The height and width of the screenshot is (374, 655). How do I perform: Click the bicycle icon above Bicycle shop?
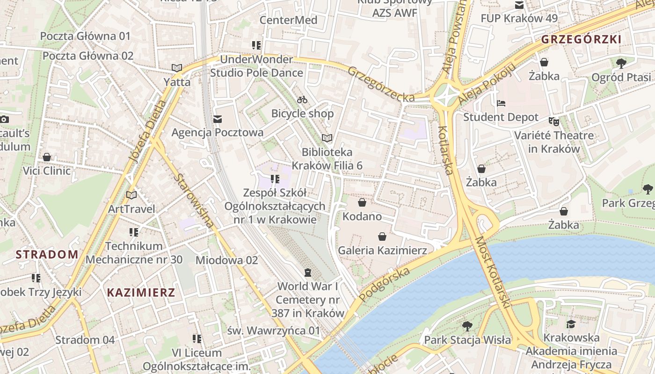[302, 100]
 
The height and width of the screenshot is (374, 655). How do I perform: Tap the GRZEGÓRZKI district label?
[582, 40]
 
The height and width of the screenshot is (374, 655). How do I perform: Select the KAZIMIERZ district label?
[141, 293]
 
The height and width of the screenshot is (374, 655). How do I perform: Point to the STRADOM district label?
[47, 255]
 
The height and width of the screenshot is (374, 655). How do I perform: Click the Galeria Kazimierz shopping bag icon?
[382, 237]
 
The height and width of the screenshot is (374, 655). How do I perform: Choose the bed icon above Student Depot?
[501, 103]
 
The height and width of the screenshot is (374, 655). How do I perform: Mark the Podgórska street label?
[385, 285]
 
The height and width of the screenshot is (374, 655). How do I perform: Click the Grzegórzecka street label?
[381, 84]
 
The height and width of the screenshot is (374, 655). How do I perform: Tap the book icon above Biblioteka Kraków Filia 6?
[327, 138]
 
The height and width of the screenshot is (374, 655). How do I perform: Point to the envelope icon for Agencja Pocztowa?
[217, 119]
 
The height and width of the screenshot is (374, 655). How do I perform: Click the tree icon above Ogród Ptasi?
[621, 63]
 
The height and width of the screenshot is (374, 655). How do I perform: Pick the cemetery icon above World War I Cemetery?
[307, 272]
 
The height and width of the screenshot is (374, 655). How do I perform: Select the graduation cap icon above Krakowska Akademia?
[571, 324]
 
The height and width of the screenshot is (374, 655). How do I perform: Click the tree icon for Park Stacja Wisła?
[467, 326]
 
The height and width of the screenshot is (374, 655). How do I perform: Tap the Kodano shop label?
[362, 217]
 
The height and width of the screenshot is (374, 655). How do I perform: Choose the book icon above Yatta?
[176, 68]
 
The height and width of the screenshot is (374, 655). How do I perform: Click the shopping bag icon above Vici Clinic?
[47, 157]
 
